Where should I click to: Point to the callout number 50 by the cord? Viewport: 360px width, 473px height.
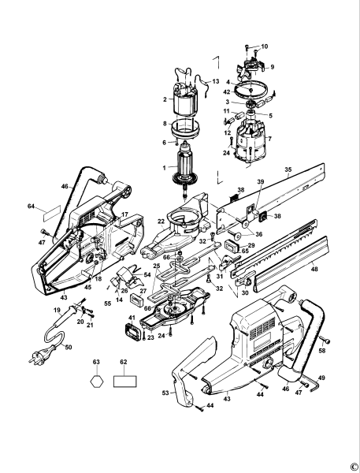69,347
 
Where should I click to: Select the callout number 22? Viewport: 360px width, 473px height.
161,223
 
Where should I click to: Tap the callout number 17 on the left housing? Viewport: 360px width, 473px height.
124,214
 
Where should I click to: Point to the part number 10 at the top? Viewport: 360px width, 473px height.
265,47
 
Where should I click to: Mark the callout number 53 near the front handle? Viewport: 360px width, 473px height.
165,392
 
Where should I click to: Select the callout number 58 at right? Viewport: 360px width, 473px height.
323,348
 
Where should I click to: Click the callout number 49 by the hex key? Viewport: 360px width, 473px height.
321,378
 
